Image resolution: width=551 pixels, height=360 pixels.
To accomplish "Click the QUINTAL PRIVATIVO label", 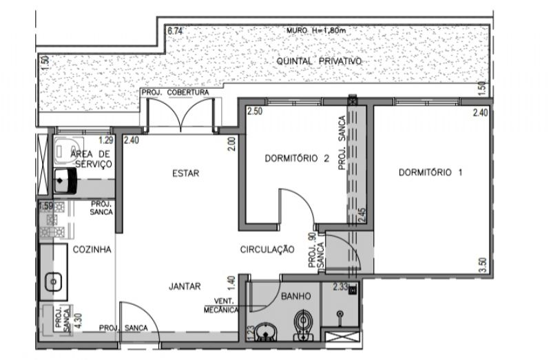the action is coord(319,61).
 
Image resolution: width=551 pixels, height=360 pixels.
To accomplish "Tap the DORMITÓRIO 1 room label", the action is coord(430,173).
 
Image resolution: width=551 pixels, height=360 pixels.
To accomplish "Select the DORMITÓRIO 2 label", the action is coord(297,158).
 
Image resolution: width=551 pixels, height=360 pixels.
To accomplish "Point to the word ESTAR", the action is coord(185,173).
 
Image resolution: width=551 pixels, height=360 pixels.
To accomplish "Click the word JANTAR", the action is coord(185,286).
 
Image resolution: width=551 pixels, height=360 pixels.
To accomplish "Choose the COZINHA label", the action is coord(92,250).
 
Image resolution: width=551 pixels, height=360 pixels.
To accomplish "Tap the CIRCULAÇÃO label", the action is coord(267,249).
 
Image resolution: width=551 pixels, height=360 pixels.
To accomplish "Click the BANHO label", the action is coord(296,297).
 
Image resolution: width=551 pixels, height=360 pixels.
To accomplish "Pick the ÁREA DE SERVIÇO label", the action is coord(92,159).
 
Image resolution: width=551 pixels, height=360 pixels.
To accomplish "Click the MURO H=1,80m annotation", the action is coord(316,30).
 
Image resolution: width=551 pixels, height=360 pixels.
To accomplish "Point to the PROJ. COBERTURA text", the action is coord(176,92).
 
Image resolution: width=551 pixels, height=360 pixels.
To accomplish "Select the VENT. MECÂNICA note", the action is coord(221,306).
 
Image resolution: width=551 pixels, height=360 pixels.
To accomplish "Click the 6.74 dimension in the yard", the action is coord(175,31).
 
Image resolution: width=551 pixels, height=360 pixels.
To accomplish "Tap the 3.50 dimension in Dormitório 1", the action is coord(483,265).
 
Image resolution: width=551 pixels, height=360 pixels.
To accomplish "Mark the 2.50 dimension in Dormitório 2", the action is coord(255,112).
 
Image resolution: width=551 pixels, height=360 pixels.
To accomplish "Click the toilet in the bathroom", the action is coord(303,325).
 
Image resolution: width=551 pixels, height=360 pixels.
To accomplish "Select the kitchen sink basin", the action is coord(54,282).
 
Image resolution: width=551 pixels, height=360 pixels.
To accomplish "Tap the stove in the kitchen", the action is coord(52,220).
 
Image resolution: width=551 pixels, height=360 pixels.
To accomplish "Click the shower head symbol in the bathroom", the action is coord(340,314).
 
